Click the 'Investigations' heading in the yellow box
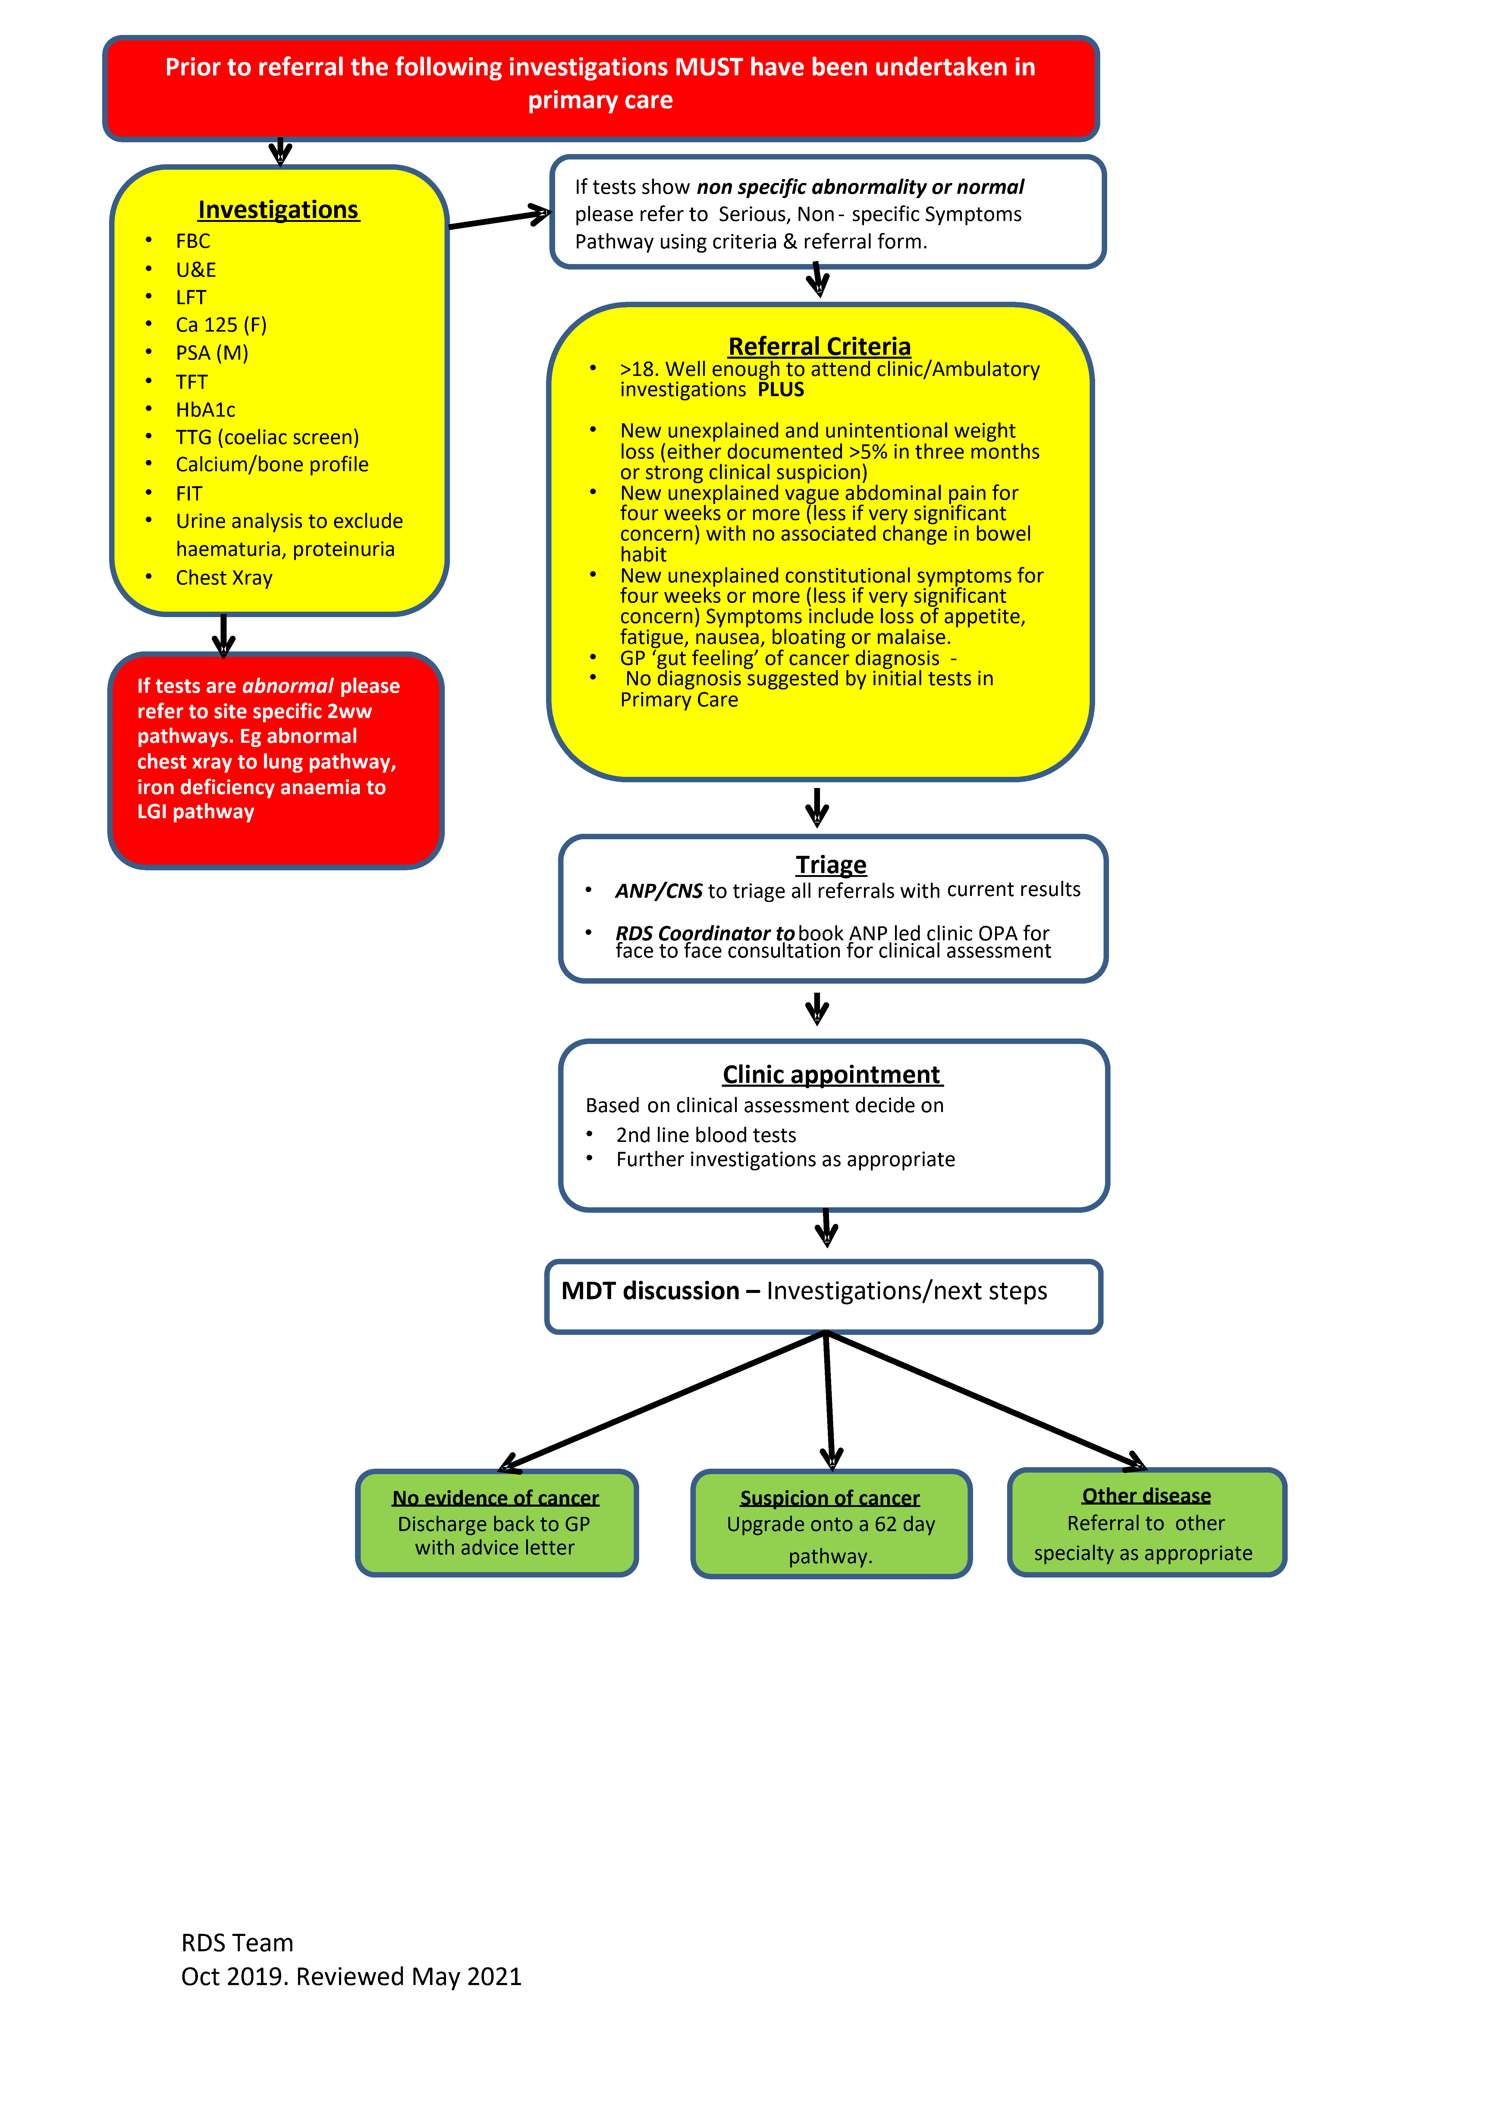278,210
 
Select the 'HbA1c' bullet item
206,410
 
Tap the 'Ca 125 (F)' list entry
221,325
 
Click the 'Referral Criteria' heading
819,346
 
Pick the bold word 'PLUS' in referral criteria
781,390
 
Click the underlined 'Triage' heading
831,865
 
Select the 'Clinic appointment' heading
831,1075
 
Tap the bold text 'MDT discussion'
650,1291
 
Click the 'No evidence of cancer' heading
495,1499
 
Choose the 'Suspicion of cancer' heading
830,1499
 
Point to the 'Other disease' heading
1146,1496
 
